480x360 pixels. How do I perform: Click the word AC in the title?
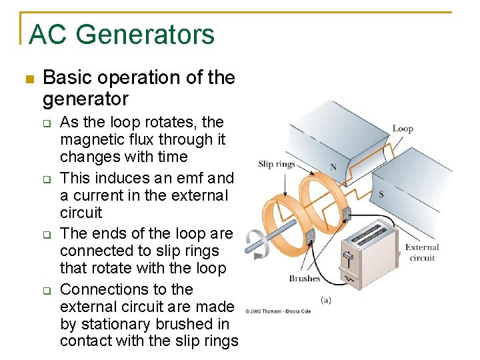click(x=49, y=35)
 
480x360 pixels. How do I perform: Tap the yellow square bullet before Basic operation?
click(x=28, y=79)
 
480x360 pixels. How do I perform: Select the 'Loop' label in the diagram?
click(x=403, y=129)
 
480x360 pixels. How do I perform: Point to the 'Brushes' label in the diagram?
click(x=305, y=279)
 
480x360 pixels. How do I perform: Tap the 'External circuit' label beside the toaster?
click(x=422, y=253)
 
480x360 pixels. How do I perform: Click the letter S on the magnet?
click(x=381, y=194)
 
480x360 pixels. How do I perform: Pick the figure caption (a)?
click(x=326, y=300)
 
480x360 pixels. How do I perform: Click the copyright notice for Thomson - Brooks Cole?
click(x=277, y=311)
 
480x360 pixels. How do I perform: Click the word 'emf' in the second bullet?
click(x=190, y=179)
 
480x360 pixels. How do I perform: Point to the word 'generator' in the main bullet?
click(x=85, y=100)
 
